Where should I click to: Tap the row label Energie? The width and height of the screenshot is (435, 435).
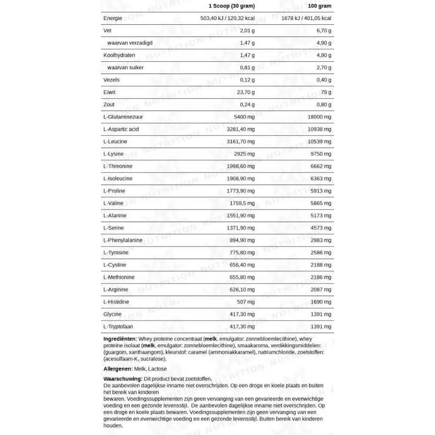[x=112, y=18]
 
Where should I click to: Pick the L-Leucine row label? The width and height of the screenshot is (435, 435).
[x=115, y=142]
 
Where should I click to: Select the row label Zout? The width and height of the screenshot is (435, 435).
[x=109, y=104]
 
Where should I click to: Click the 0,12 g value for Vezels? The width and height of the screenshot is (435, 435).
[x=247, y=80]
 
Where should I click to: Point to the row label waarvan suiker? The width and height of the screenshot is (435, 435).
[x=125, y=67]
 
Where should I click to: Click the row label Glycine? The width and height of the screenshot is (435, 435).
[x=112, y=314]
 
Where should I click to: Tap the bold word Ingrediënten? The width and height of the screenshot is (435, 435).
[x=120, y=338]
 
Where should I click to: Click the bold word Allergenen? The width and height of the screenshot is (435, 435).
[x=118, y=369]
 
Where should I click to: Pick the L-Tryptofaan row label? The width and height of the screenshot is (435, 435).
[x=118, y=327]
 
